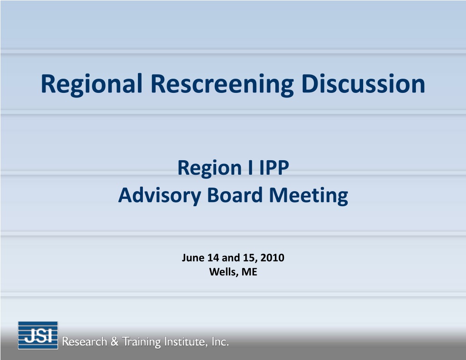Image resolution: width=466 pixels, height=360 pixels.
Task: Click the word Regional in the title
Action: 91,85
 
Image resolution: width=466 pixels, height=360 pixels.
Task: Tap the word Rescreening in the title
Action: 222,85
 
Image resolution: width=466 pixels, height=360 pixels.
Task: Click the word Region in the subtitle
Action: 209,168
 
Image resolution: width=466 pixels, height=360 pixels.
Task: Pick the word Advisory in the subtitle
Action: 160,196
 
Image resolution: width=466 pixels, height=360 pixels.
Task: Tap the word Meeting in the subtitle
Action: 309,196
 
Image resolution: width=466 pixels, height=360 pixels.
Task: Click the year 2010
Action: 272,258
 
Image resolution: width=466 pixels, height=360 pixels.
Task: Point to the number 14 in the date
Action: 213,258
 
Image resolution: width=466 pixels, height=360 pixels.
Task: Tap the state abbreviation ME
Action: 249,272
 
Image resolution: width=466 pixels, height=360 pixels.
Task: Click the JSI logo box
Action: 38,335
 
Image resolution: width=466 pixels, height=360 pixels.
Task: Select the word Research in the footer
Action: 84,342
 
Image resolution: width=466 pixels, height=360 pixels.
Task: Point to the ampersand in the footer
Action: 114,342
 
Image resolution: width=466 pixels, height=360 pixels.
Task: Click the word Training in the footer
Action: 142,342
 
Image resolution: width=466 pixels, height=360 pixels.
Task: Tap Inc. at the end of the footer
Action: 220,342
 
